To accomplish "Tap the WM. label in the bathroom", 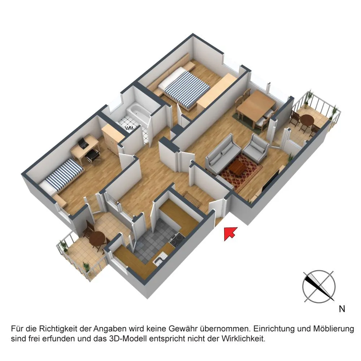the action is coord(129,128).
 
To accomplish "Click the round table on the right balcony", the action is coord(307,121).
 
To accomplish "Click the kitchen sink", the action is coord(161,258).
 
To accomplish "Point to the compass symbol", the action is coord(319,286).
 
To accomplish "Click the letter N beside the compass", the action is coord(342,309).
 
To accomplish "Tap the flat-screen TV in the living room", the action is coord(271,179).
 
